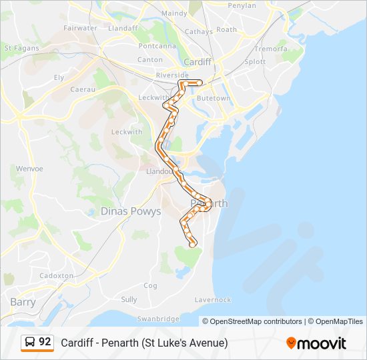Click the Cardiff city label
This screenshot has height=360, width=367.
click(x=198, y=62)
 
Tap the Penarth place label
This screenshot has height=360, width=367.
click(x=209, y=203)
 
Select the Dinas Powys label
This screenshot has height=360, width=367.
click(x=131, y=211)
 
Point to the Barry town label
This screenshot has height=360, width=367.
click(x=23, y=302)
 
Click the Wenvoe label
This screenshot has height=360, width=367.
click(x=29, y=169)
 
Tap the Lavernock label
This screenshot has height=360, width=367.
click(x=213, y=300)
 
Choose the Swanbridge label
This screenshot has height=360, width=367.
click(x=158, y=319)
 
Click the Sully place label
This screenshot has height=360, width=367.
click(x=129, y=299)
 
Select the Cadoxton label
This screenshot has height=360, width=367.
click(x=57, y=275)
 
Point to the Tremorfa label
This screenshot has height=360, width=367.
click(x=271, y=49)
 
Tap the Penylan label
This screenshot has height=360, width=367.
click(x=242, y=5)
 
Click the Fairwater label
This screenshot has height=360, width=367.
click(x=80, y=28)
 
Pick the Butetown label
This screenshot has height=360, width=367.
click(x=214, y=98)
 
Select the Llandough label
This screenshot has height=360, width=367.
click(x=159, y=171)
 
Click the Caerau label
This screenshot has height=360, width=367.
click(x=84, y=87)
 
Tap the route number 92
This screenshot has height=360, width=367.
click(x=45, y=341)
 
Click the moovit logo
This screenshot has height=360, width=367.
click(x=316, y=343)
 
